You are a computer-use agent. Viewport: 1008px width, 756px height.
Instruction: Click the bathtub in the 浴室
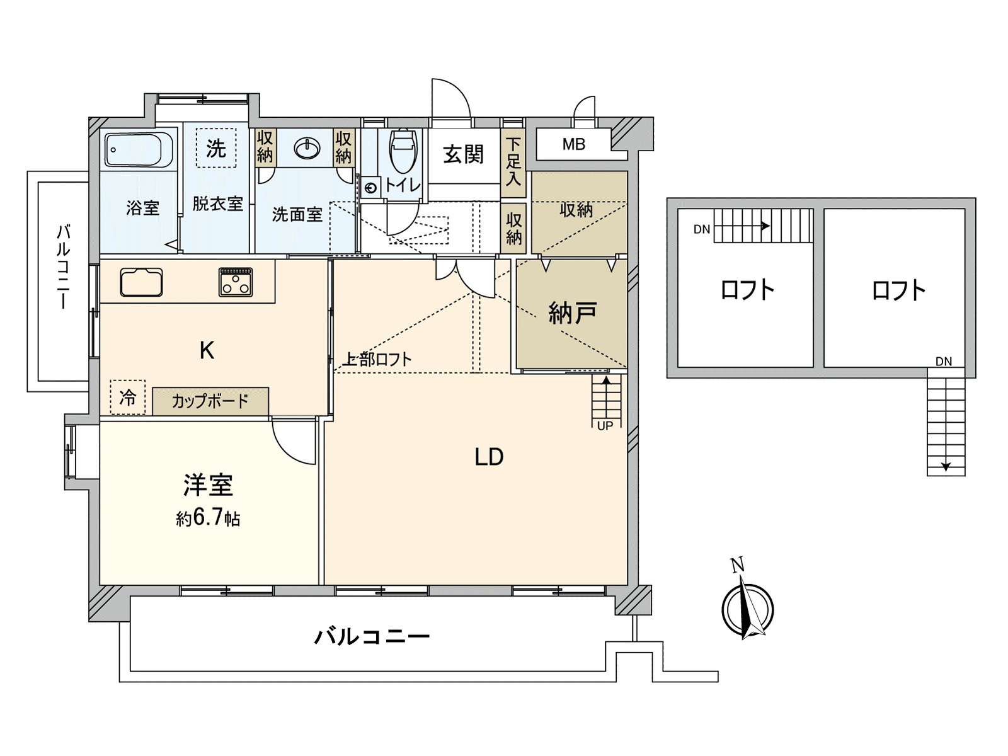click(x=139, y=149)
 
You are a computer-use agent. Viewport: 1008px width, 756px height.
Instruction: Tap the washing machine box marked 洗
click(x=216, y=149)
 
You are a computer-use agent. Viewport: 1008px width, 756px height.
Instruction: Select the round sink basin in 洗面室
click(x=307, y=149)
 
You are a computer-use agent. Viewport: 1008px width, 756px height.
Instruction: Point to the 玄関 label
click(x=463, y=154)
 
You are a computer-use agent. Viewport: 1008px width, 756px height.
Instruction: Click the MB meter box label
click(x=573, y=145)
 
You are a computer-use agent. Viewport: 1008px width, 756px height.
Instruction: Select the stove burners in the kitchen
click(x=236, y=282)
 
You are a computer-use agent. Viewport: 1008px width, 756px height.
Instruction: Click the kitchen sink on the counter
click(x=142, y=282)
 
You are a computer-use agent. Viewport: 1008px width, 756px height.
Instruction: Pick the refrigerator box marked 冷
click(x=128, y=398)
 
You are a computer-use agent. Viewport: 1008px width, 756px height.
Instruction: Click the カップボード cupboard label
click(x=210, y=401)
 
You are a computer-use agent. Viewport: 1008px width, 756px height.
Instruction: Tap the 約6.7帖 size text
click(x=208, y=518)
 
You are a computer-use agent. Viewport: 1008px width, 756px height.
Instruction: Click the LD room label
click(x=489, y=457)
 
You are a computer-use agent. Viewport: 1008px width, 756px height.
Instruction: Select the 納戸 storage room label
click(x=572, y=312)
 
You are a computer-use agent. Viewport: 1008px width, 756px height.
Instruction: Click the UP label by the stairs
click(x=605, y=426)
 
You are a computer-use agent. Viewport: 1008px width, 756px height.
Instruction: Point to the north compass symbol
click(x=747, y=608)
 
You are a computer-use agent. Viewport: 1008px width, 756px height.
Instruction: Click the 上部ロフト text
click(x=377, y=359)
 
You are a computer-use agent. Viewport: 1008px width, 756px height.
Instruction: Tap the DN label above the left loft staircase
click(x=702, y=229)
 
